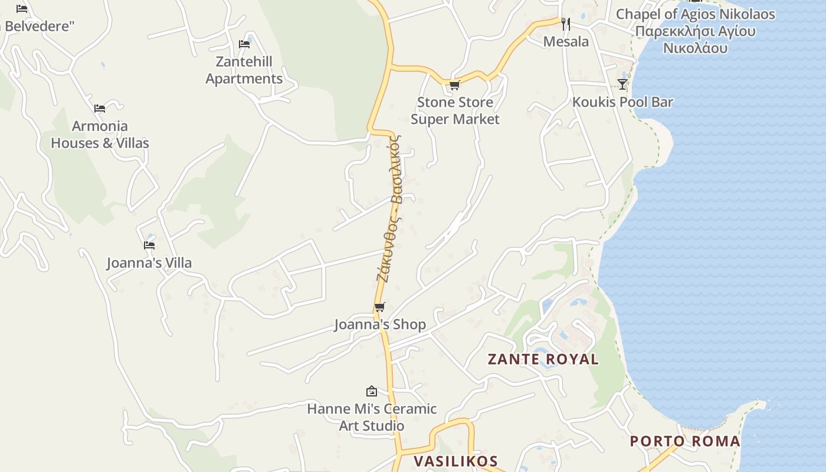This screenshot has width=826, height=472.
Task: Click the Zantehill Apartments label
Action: click(244, 70)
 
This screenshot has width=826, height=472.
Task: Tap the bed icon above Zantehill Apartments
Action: click(244, 44)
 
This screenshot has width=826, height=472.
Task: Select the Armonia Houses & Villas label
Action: click(100, 135)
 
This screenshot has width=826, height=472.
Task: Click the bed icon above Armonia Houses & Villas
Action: click(100, 109)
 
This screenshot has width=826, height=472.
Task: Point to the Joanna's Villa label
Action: click(149, 263)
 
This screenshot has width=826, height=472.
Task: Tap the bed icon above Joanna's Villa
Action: click(149, 245)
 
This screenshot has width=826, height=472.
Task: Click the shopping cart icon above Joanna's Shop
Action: click(380, 307)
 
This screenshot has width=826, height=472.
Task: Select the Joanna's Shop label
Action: click(380, 324)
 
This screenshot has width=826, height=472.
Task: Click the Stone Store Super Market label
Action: click(455, 111)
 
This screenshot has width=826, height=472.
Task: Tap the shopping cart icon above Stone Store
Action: click(454, 86)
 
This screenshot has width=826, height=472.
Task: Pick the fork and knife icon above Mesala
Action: click(565, 24)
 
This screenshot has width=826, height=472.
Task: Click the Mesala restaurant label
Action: click(566, 41)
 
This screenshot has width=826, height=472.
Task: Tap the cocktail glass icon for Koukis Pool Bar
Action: click(622, 84)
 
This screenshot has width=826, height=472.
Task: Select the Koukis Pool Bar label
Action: click(622, 102)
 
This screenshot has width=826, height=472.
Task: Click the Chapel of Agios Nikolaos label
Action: click(696, 31)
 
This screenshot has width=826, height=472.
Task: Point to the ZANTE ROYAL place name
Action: click(543, 359)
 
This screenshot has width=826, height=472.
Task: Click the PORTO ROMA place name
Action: click(685, 441)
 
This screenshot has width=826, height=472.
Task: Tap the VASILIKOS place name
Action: click(455, 461)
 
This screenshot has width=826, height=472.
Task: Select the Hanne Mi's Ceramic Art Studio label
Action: click(372, 417)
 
